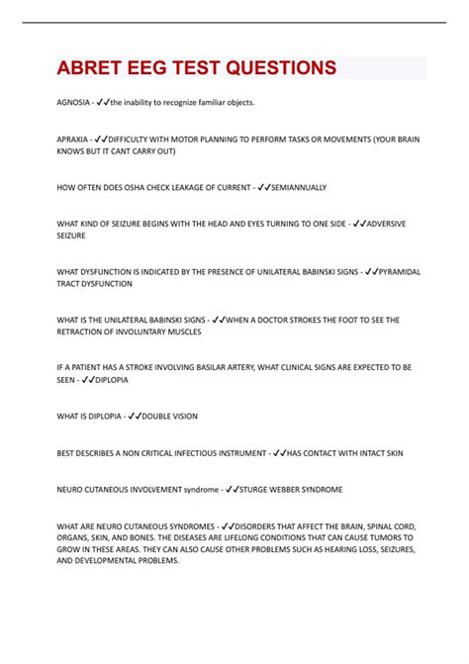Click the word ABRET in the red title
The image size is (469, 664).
pyautogui.click(x=91, y=68)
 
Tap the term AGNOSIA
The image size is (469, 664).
pyautogui.click(x=72, y=102)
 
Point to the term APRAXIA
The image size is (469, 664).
pyautogui.click(x=72, y=140)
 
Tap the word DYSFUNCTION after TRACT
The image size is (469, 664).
pyautogui.click(x=108, y=283)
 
